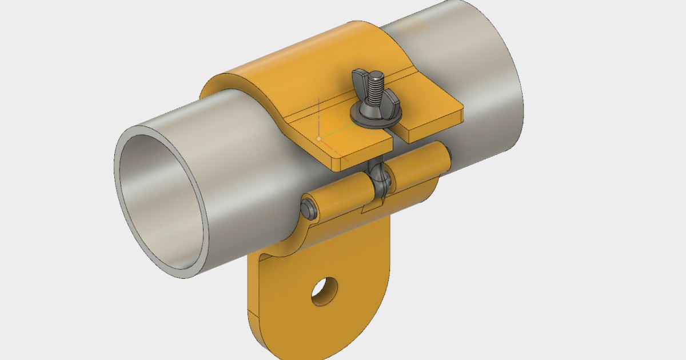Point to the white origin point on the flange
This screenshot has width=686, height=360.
pyautogui.click(x=318, y=139)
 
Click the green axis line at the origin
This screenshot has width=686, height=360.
pyautogui.click(x=332, y=135)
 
